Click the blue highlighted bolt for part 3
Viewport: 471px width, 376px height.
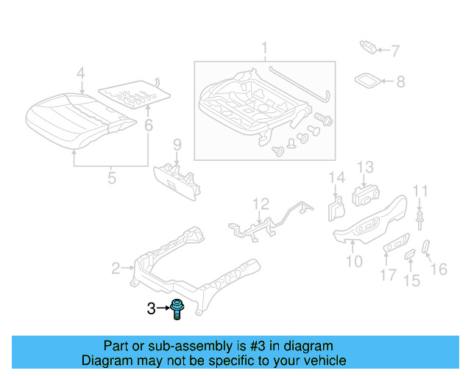click(x=177, y=309)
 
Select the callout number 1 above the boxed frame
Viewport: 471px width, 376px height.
click(x=263, y=51)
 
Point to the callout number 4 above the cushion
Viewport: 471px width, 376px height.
click(x=81, y=73)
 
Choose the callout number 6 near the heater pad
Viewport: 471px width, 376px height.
click(x=149, y=126)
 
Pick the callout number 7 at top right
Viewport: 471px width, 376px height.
click(x=395, y=51)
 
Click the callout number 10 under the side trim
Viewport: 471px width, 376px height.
click(x=354, y=261)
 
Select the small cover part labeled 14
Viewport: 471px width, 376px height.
click(x=335, y=209)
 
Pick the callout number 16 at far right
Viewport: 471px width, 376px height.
click(x=438, y=270)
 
